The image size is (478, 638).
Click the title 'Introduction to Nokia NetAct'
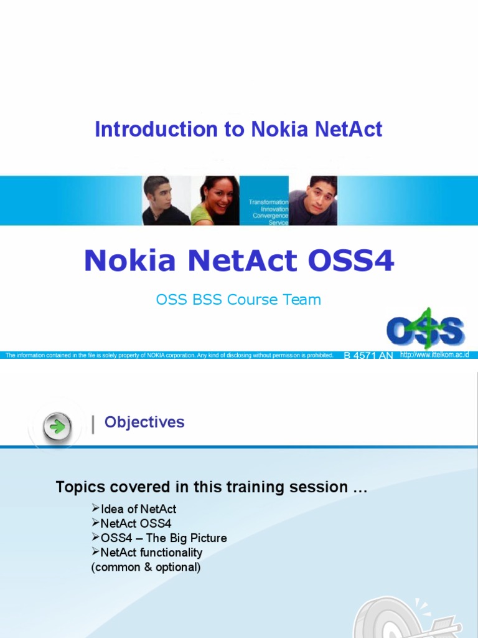point(238,130)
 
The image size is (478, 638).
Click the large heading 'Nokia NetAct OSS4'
point(239,260)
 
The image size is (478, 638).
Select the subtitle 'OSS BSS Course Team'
point(238,300)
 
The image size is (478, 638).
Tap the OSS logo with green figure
point(425,328)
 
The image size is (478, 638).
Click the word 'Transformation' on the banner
point(268,202)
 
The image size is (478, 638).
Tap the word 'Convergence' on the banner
point(270,216)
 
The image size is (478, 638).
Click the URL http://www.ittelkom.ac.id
point(434,355)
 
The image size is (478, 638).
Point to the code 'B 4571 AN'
point(368,356)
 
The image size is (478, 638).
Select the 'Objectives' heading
point(144,422)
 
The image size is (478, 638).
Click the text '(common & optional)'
point(146,567)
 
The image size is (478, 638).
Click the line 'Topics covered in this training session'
point(211,487)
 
